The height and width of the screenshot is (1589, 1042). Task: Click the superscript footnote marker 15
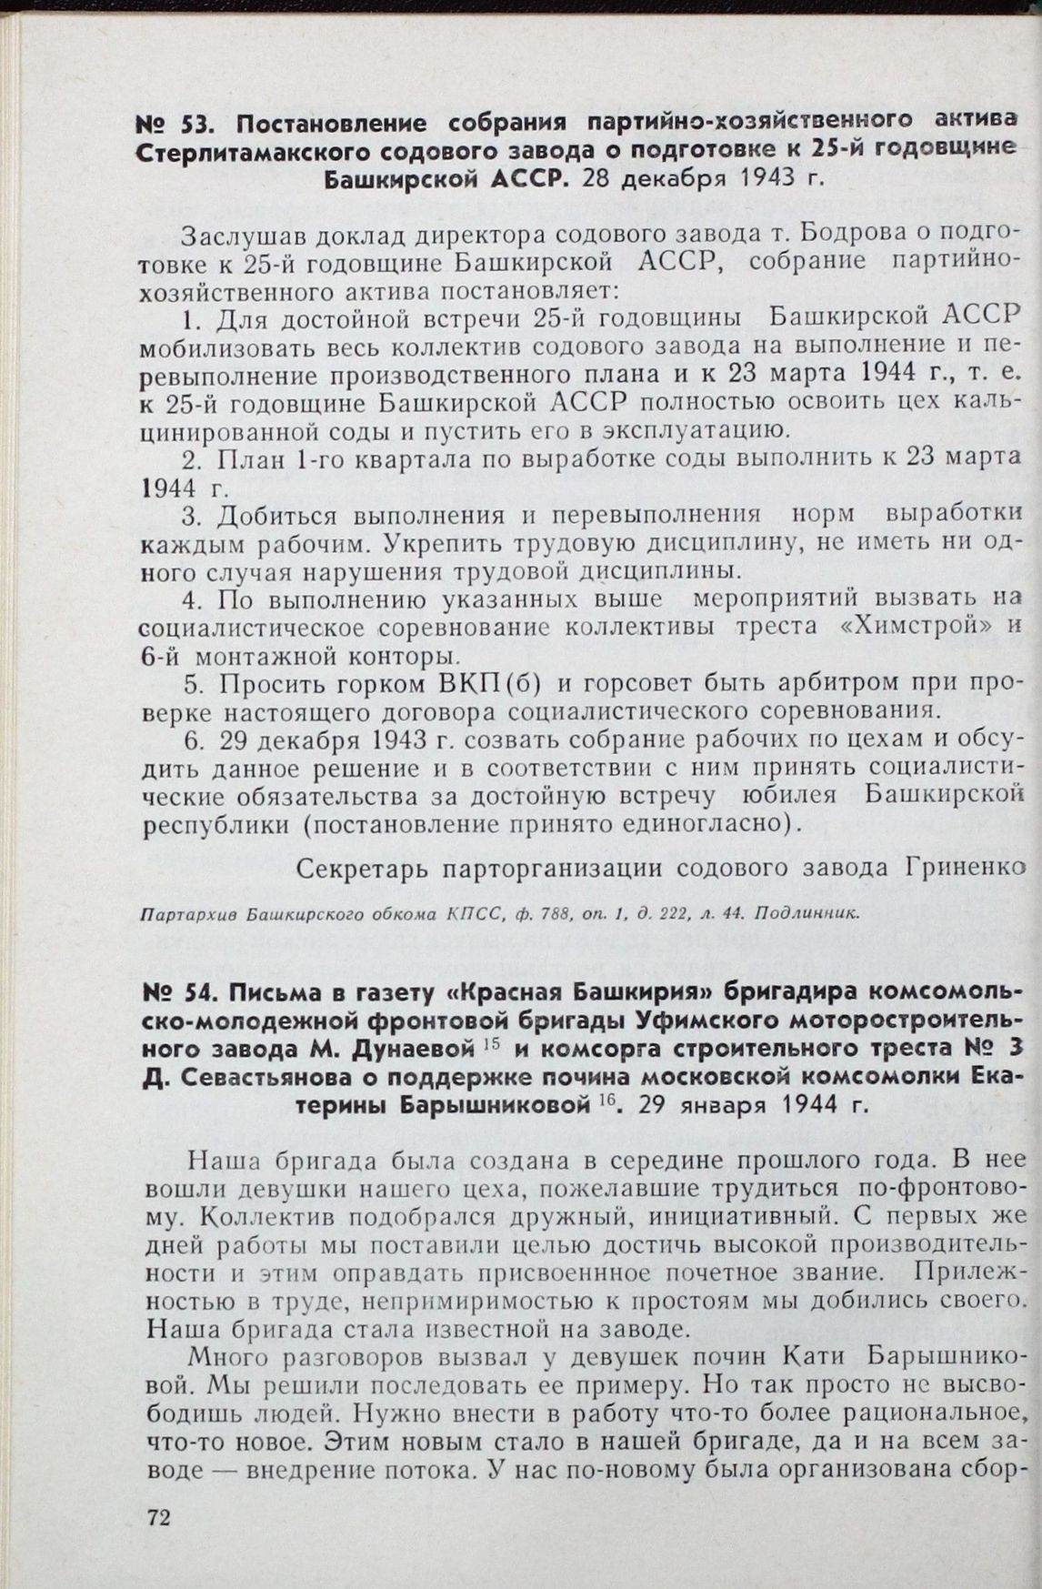(486, 1045)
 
